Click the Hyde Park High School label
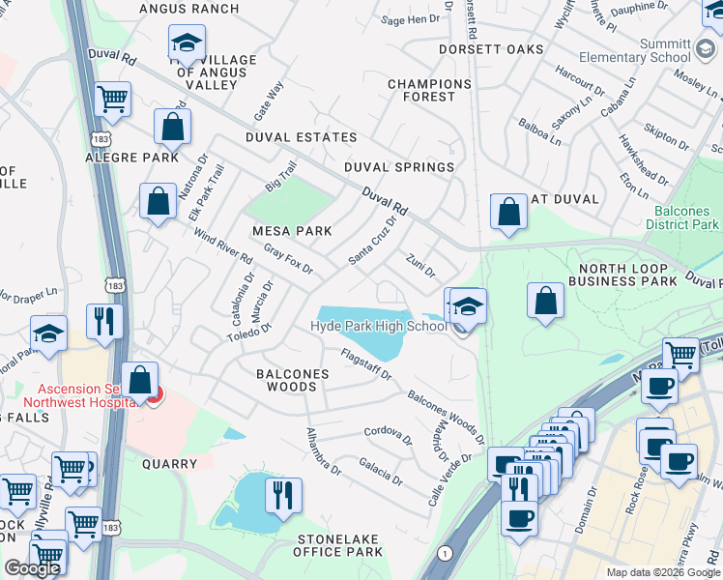tap(379, 326)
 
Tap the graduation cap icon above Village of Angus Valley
tap(186, 43)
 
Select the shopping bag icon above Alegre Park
tap(172, 127)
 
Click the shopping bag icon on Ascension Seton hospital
tap(140, 382)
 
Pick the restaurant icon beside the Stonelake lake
tap(283, 496)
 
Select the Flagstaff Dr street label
tap(365, 365)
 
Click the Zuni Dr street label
tap(421, 263)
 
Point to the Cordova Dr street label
tap(389, 437)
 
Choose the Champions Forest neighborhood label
tap(429, 90)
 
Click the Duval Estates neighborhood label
tap(301, 137)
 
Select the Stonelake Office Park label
tap(333, 544)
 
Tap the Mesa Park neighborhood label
tap(292, 231)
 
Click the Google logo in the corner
tap(32, 568)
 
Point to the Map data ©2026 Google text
tap(662, 572)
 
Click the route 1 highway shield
tap(445, 552)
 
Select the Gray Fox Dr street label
tap(288, 257)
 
